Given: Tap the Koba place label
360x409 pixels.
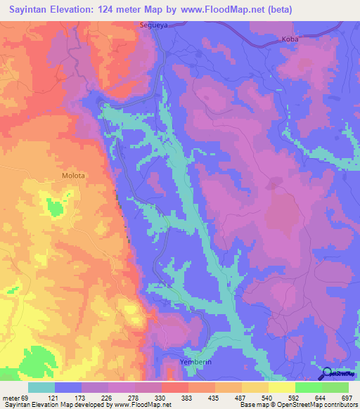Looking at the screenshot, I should click(290, 39).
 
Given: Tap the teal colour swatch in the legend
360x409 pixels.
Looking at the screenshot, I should click(41, 387).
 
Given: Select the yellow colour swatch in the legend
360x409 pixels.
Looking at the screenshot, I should click(281, 387).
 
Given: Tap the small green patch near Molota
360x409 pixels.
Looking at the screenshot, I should click(53, 207).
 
